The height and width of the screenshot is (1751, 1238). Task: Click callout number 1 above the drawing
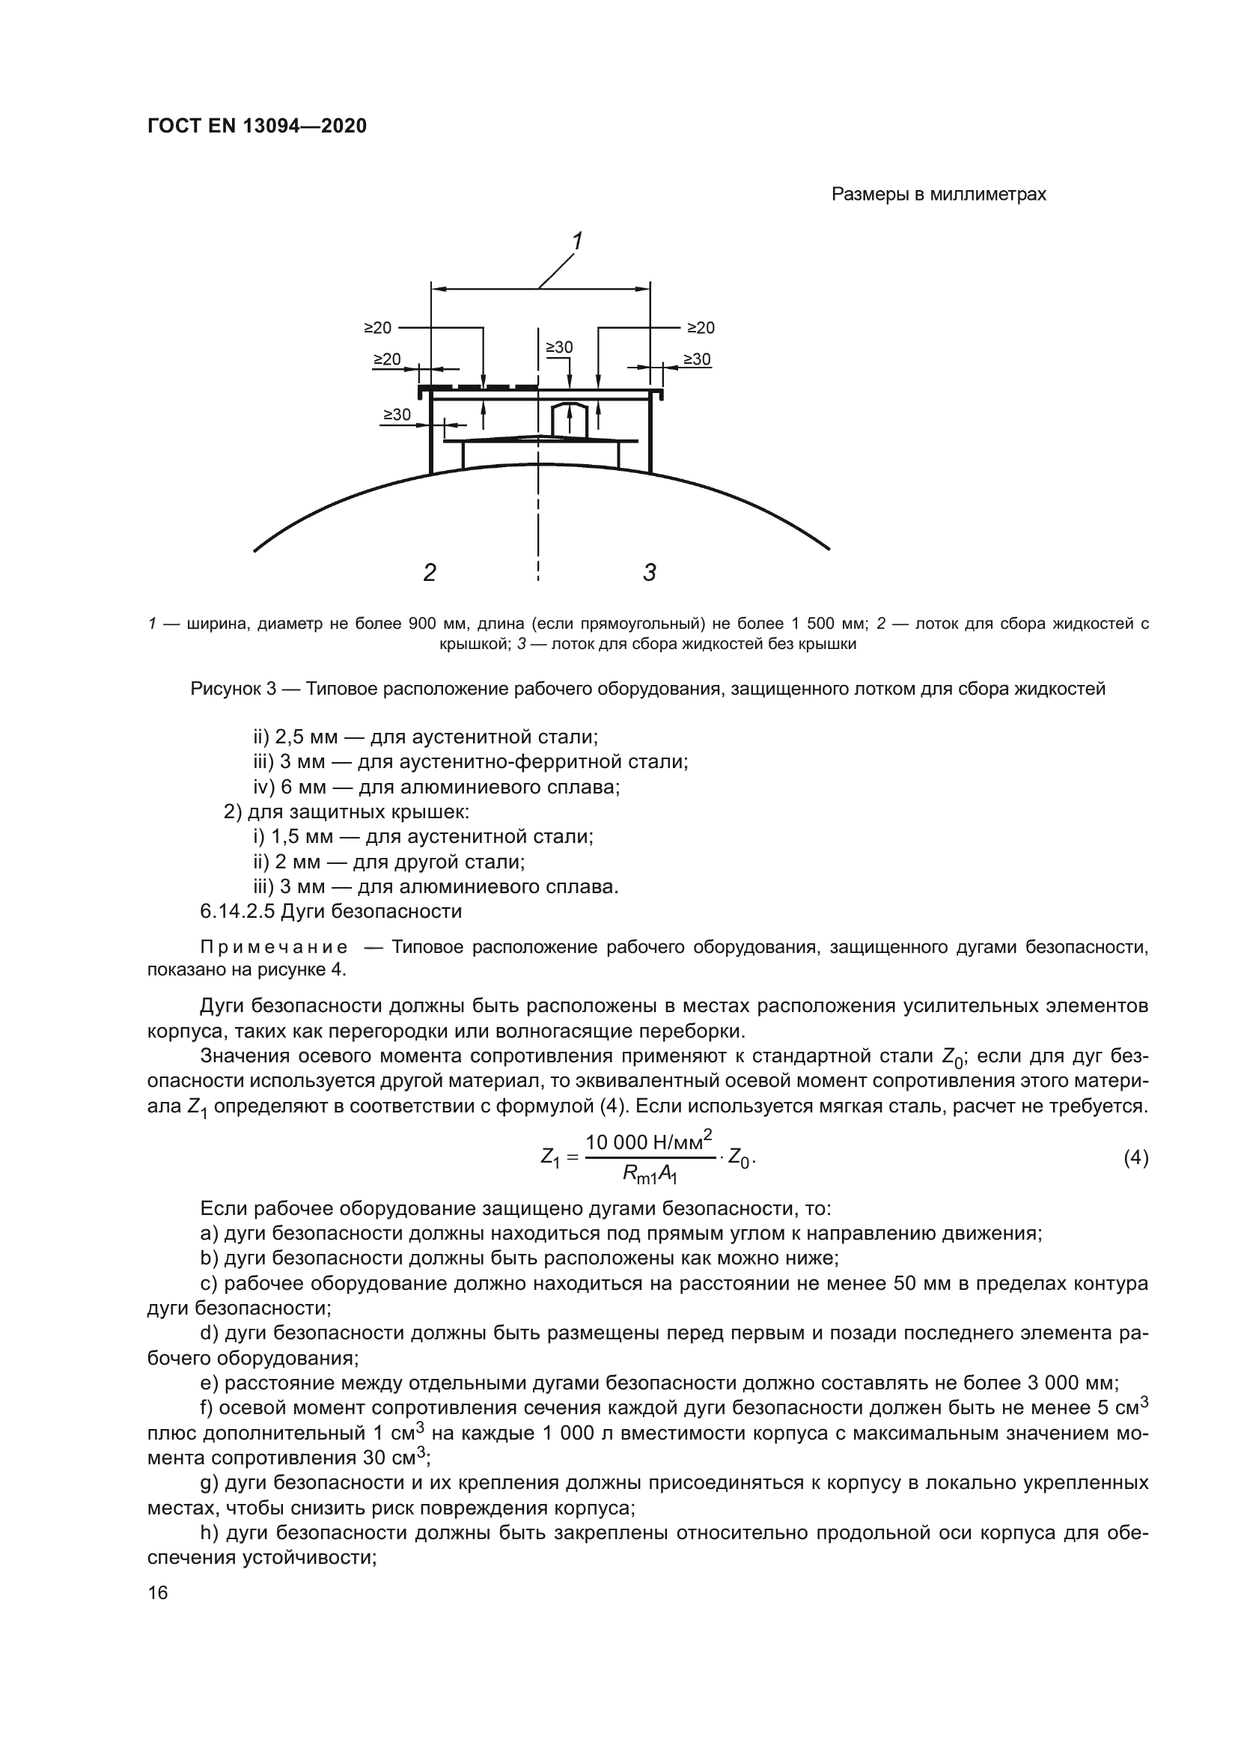click(578, 241)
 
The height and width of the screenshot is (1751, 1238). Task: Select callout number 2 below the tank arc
click(429, 572)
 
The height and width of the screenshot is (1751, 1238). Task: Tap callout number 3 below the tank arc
click(650, 572)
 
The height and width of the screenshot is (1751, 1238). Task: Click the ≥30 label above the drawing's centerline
click(560, 348)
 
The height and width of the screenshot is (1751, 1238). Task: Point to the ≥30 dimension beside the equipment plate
click(397, 415)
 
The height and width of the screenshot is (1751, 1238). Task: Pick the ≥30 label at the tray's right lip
click(697, 359)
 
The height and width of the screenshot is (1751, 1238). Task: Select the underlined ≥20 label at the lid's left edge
click(386, 359)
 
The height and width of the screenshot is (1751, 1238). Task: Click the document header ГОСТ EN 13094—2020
click(257, 126)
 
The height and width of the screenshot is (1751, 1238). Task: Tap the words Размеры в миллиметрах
click(939, 195)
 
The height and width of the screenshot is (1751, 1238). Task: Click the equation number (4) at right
click(1136, 1158)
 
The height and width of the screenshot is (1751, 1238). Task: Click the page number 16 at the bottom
click(158, 1592)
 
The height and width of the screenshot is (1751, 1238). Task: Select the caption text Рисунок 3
click(234, 689)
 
